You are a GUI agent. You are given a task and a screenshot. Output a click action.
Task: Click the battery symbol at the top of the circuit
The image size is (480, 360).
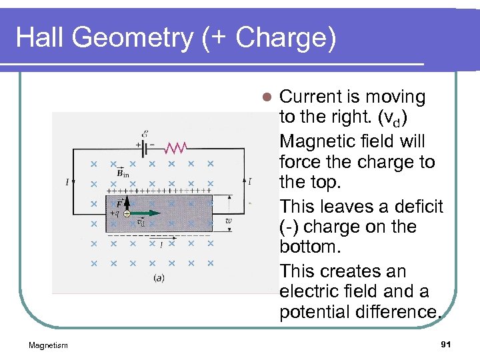pos(145,145)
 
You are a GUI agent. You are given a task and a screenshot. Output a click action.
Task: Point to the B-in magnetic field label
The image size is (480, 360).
pos(123,173)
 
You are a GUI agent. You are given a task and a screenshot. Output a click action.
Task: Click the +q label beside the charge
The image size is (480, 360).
pos(114,214)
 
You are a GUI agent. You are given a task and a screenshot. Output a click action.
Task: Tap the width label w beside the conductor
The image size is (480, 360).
pos(229,220)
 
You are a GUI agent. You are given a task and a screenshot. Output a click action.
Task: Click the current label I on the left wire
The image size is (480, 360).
pos(67,181)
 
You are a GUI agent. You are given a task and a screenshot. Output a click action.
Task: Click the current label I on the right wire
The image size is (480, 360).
pos(249,181)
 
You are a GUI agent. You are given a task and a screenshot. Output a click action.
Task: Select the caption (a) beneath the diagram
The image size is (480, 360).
pos(159,277)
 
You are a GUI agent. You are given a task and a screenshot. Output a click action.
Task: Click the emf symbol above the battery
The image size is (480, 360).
pos(145,133)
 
